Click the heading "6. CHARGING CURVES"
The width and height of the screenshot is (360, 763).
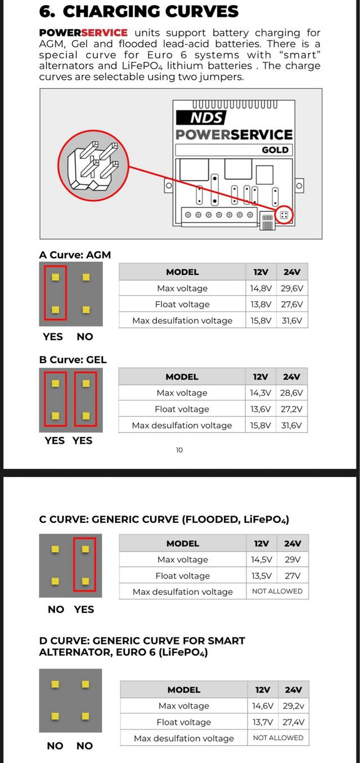[x=138, y=11]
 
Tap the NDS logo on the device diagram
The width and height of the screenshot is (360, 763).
[x=201, y=118]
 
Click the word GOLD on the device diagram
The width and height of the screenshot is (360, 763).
[x=275, y=150]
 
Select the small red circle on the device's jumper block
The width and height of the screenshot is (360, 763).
[x=285, y=215]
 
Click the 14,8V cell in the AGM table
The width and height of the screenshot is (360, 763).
[x=261, y=288]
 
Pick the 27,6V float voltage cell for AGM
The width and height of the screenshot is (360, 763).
[x=292, y=304]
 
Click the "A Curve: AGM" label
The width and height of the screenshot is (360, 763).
[x=75, y=255]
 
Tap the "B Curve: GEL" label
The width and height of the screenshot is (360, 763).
[x=73, y=359]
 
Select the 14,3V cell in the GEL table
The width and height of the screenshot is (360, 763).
[x=260, y=393]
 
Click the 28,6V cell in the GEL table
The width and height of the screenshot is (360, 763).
[x=292, y=393]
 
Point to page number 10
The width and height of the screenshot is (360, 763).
[x=179, y=450]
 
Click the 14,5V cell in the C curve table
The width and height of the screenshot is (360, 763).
[x=262, y=559]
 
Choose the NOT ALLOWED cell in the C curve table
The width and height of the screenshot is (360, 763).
[x=277, y=592]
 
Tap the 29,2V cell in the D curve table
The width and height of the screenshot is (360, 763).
[x=293, y=706]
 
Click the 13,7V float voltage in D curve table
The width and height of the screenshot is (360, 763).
[x=263, y=722]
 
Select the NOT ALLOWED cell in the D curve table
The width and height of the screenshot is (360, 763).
[x=278, y=738]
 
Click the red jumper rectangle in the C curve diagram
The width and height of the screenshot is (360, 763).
[x=84, y=565]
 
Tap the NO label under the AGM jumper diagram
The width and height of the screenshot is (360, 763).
[x=85, y=337]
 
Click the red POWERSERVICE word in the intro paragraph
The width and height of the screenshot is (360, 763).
[x=83, y=33]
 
